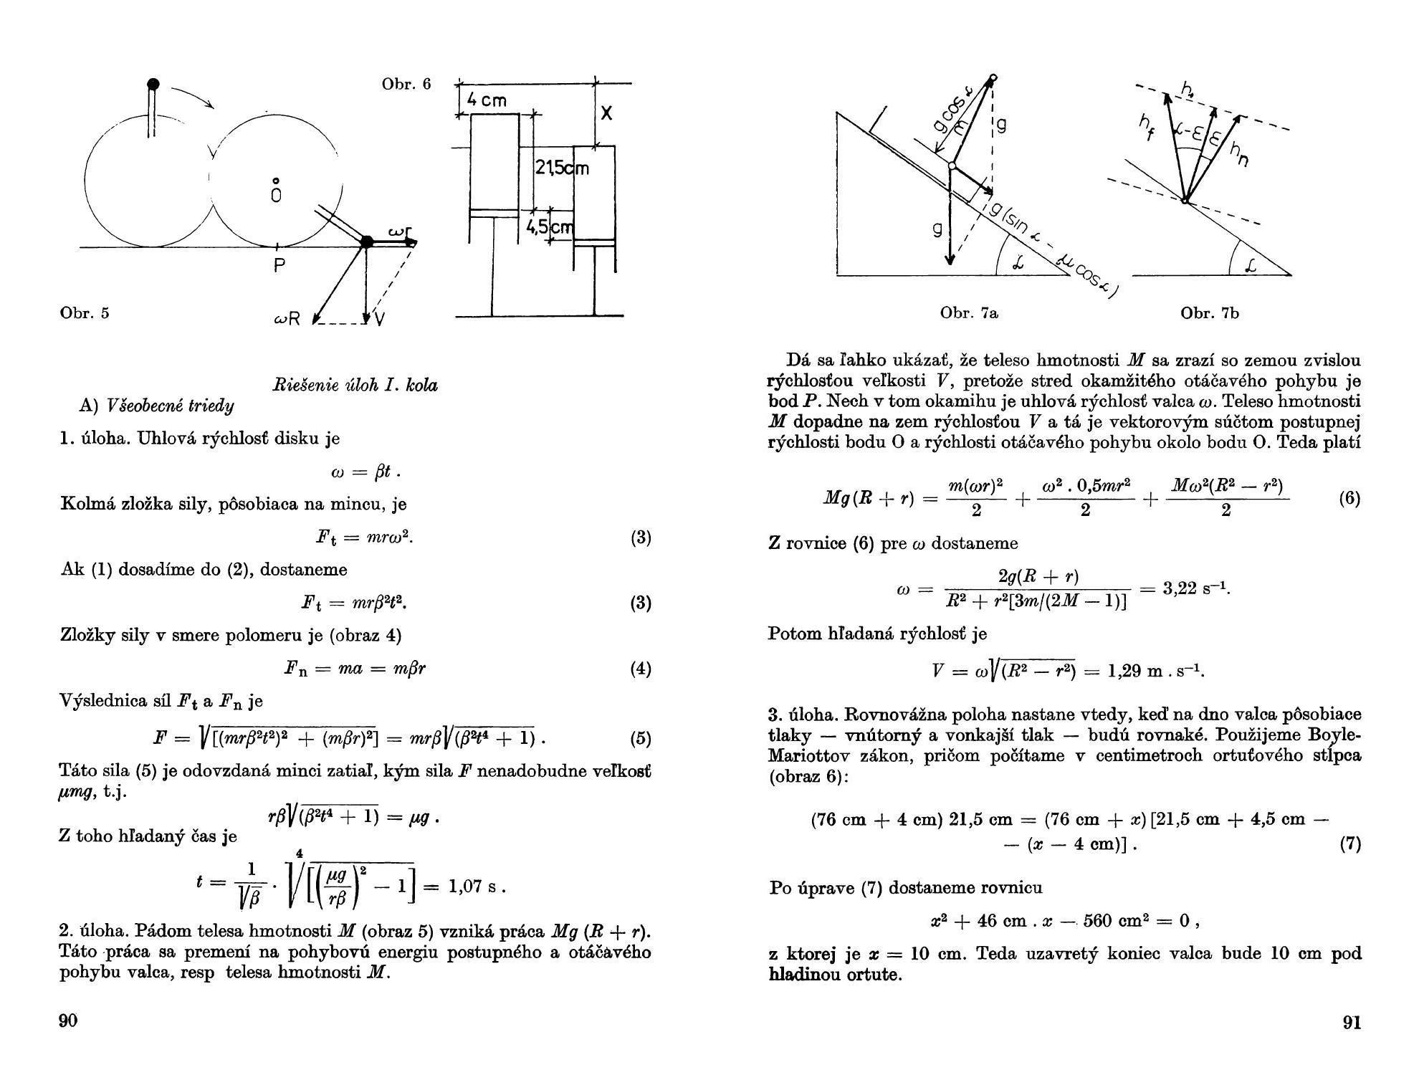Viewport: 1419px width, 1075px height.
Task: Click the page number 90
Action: (x=67, y=1021)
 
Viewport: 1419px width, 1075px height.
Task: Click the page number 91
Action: (x=1350, y=1023)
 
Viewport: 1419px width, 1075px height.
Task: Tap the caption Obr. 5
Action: (x=85, y=312)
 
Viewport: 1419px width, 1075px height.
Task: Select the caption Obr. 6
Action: (x=406, y=84)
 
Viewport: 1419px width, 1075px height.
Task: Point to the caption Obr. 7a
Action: (x=969, y=312)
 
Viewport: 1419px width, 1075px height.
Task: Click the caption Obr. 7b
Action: (x=1210, y=312)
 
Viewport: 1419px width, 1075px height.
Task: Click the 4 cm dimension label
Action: (x=487, y=100)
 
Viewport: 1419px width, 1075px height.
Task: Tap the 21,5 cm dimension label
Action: (x=561, y=168)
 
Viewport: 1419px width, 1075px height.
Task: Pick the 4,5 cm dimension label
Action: (x=550, y=227)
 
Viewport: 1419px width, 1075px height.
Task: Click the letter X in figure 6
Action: (x=606, y=113)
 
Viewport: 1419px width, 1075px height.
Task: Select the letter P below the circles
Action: (x=279, y=266)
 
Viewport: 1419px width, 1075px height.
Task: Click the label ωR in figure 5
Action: (x=286, y=319)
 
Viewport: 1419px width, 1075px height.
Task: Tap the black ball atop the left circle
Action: (x=153, y=85)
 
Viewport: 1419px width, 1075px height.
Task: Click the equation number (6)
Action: (x=1349, y=498)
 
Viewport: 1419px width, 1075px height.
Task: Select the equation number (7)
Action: (x=1349, y=844)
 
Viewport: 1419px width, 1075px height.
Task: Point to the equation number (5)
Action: (x=640, y=737)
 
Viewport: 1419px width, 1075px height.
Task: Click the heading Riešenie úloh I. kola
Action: (x=355, y=385)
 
